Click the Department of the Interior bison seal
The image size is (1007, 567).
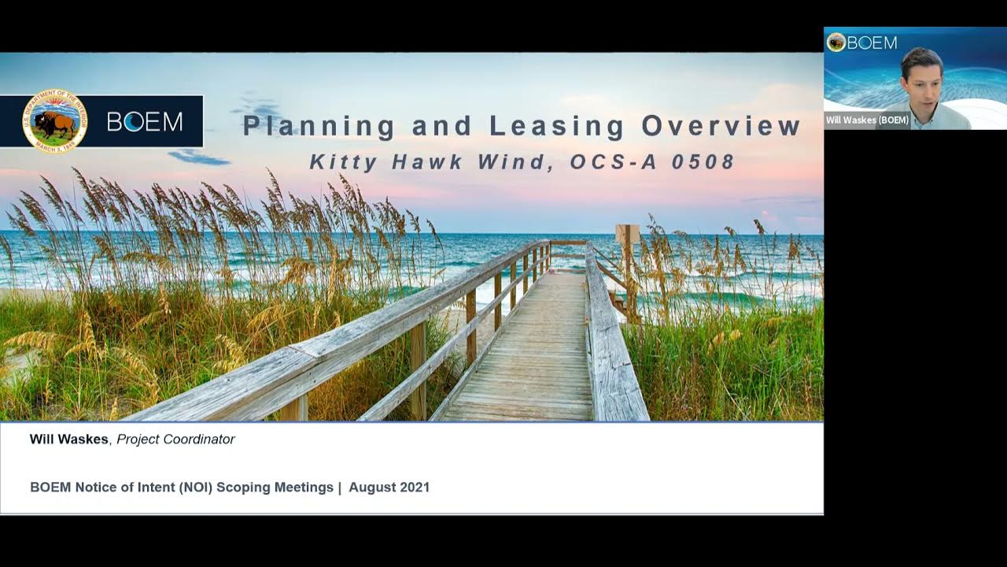(55, 120)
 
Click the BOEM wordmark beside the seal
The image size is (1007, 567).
(145, 121)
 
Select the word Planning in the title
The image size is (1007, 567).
(319, 126)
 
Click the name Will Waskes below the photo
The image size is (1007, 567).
(68, 439)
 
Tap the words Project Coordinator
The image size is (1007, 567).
(175, 439)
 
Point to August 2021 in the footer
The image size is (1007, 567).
(389, 487)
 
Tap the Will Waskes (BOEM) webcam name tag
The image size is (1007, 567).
(867, 120)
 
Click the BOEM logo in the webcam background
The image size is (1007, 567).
(862, 43)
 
